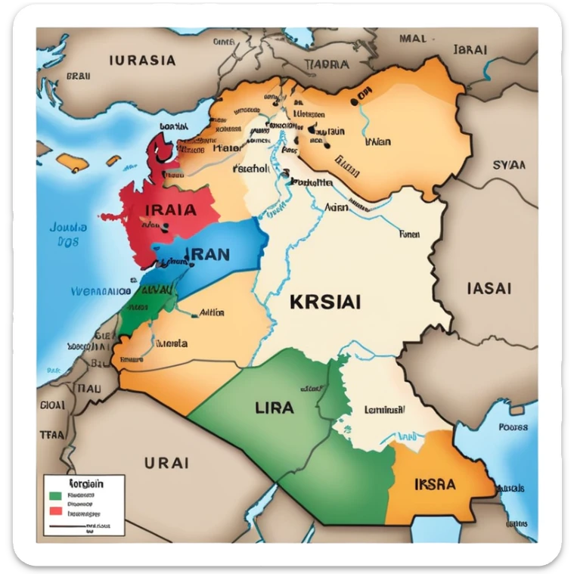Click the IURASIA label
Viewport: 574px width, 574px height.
click(142, 60)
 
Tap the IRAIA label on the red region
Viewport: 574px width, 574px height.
click(169, 209)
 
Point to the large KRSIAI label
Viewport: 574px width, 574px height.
click(324, 302)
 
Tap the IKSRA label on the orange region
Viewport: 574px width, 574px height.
click(435, 482)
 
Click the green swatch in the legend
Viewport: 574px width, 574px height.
click(54, 496)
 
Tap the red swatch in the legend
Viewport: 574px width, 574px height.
click(54, 511)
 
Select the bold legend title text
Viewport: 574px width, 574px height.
click(85, 482)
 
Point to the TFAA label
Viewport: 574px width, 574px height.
click(51, 436)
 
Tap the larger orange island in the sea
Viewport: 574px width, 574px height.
click(75, 161)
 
